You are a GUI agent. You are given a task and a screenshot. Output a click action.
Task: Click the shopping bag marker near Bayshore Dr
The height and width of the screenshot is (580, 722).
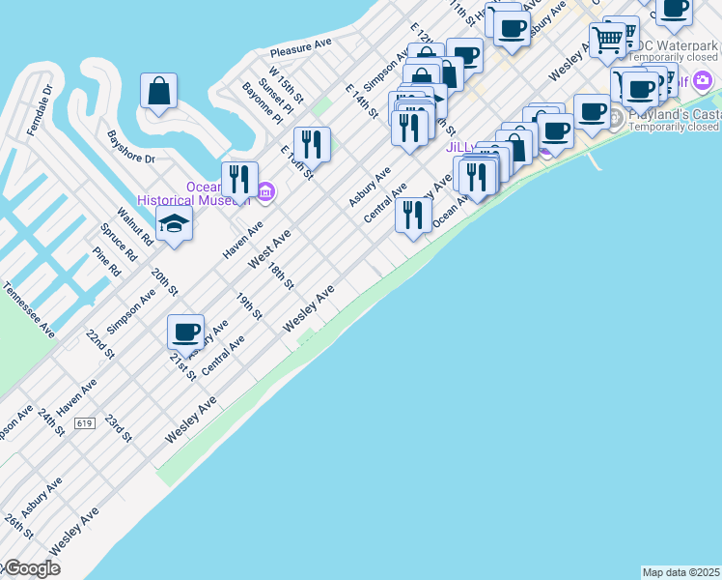(x=158, y=92)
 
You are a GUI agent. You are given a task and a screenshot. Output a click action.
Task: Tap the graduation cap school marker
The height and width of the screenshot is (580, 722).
(x=174, y=222)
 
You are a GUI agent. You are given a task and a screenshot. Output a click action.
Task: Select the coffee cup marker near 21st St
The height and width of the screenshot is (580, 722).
(x=186, y=332)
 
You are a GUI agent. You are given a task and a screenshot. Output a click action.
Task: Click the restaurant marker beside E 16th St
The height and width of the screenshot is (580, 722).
(x=312, y=145)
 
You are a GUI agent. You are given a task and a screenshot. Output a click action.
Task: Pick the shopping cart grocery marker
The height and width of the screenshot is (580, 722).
(x=607, y=40)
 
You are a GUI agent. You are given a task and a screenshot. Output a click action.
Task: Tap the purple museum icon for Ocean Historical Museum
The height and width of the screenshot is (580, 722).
(x=266, y=193)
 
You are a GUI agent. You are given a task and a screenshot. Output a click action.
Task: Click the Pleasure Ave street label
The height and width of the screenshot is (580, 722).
(x=301, y=46)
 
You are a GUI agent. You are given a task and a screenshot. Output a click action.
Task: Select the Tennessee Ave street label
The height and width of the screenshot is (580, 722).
(x=29, y=309)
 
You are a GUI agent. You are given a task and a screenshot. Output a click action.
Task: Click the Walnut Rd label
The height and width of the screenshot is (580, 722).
(x=136, y=223)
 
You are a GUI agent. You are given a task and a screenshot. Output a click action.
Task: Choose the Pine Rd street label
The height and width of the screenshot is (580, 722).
(x=106, y=262)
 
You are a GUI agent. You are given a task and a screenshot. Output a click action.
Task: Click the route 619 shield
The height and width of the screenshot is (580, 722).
(x=84, y=422)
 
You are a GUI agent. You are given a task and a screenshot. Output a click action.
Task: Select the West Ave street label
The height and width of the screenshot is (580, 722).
(x=269, y=249)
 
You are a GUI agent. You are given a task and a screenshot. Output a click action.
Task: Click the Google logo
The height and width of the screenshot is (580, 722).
(x=31, y=568)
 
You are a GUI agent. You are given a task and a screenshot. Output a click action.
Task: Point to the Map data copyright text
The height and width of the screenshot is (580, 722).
(x=680, y=572)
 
